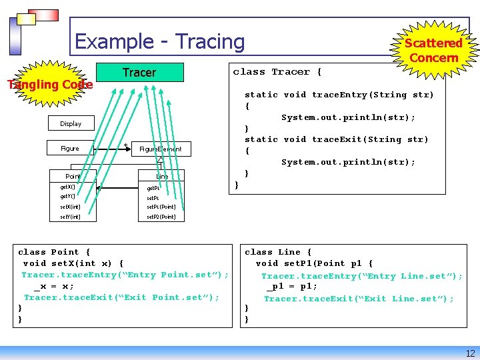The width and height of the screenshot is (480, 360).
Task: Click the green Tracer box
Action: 139,72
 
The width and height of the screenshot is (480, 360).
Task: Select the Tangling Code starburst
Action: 50,85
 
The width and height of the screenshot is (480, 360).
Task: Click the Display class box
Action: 70,123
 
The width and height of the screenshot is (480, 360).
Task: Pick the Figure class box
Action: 69,149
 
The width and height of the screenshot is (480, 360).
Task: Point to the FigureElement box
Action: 160,149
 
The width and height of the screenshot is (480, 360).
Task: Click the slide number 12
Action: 470,353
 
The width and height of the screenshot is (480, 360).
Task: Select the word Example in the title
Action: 113,41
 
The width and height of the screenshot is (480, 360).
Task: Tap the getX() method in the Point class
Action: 68,187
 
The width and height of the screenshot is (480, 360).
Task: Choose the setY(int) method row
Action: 70,216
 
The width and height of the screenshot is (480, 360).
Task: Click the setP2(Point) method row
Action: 161,216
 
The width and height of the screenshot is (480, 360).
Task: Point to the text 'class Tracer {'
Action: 277,72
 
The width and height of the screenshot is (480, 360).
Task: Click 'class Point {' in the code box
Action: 54,252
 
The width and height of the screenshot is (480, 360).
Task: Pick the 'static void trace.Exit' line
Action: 337,139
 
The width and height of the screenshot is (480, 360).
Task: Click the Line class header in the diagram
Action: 162,176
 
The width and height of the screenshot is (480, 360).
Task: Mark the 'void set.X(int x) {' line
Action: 73,263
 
